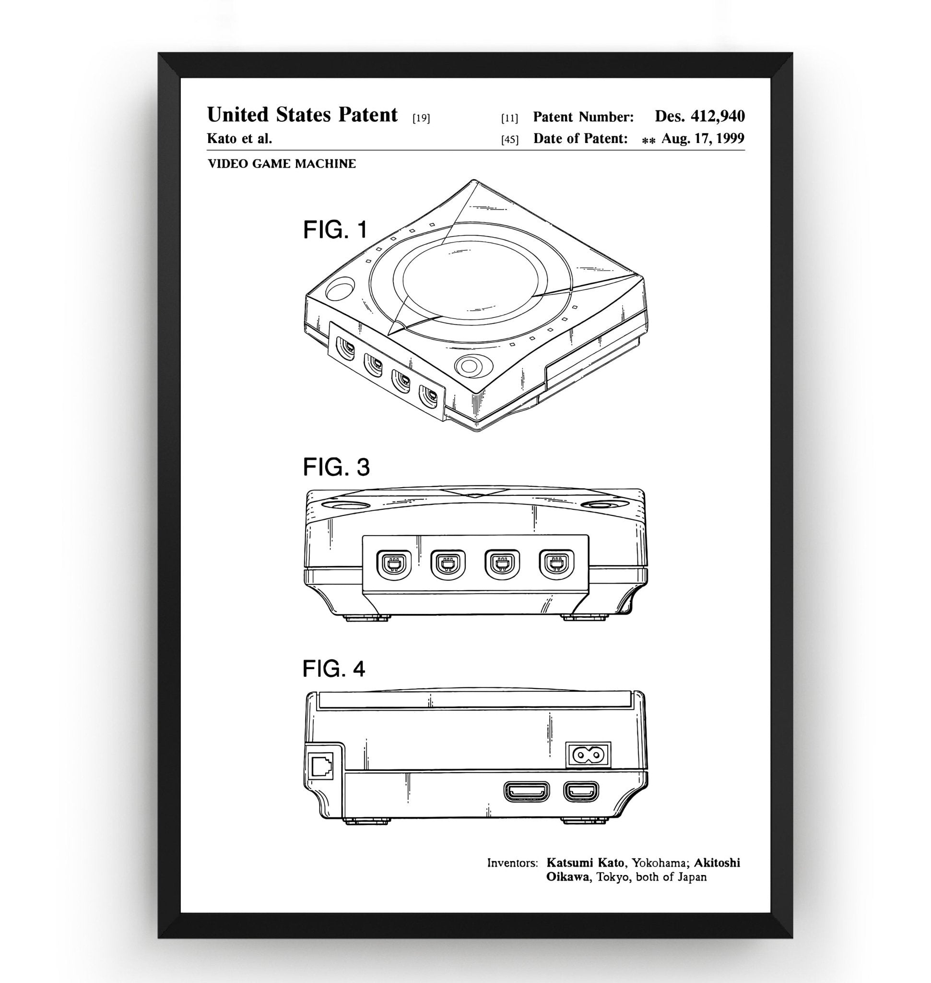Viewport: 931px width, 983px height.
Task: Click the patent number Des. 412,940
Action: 699,116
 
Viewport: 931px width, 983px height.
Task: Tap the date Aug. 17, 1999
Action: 702,139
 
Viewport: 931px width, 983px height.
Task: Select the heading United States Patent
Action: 302,115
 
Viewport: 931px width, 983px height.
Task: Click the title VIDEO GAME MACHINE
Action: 282,164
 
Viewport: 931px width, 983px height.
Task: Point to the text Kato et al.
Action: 239,139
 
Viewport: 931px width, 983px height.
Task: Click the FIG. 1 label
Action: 335,229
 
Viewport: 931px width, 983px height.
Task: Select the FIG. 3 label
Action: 336,467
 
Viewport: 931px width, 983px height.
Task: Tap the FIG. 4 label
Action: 333,669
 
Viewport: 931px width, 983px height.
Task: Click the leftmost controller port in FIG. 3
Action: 394,564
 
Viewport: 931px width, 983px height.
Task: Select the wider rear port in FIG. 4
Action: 527,791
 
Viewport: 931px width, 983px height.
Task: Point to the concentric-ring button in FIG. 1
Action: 469,367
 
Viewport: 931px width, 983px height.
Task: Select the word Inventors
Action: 512,863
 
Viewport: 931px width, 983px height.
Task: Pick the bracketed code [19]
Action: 421,118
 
